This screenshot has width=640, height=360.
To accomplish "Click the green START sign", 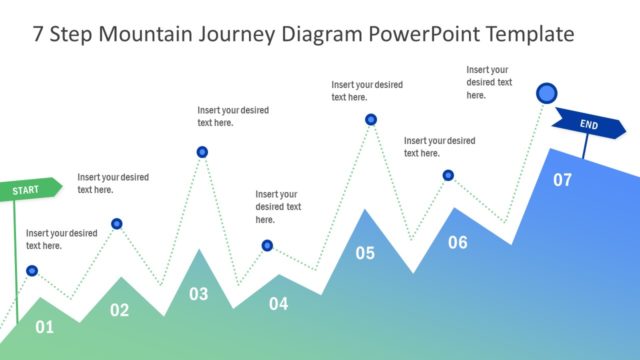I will click(30, 189).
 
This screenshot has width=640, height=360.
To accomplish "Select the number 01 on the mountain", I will click(44, 327).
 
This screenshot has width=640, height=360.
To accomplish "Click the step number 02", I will click(119, 310).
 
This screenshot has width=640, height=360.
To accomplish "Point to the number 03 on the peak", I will click(199, 294).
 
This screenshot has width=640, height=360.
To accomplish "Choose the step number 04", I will click(278, 303).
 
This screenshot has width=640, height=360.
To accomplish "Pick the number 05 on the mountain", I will click(365, 253).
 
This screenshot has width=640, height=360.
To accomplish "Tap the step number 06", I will click(457, 242).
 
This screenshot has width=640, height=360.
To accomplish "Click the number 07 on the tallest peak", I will click(563, 180).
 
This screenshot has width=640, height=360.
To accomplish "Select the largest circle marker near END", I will click(546, 94).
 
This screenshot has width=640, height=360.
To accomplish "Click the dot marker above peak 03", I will click(202, 152).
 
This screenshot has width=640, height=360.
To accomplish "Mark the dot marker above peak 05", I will click(371, 120).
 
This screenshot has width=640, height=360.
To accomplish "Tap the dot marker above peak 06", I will click(448, 175).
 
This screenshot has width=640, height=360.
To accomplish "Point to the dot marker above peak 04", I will click(267, 245).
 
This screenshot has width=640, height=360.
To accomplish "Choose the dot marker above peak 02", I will click(117, 224).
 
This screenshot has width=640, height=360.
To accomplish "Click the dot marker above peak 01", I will click(32, 271).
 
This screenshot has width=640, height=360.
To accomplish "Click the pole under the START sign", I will click(15, 260).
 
